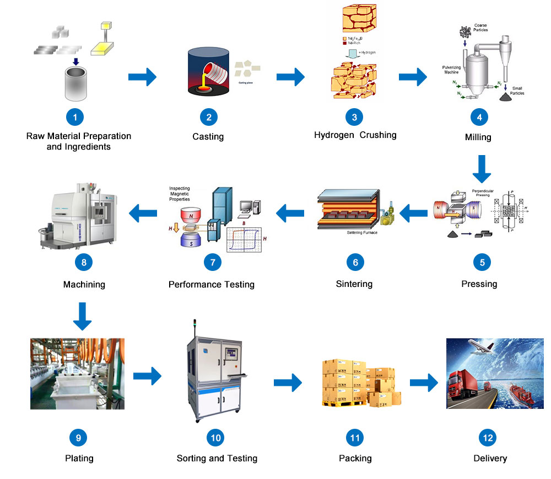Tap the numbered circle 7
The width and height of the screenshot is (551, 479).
point(213,262)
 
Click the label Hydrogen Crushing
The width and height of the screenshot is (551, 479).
point(355,135)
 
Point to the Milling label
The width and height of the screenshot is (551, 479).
point(478,137)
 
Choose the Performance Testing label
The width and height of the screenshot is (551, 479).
point(212,285)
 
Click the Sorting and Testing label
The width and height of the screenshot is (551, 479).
point(217,458)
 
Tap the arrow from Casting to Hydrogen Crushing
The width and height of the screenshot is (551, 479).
point(290,77)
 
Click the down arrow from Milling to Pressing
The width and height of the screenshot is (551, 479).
point(481,169)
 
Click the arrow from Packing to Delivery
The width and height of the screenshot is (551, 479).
point(423,381)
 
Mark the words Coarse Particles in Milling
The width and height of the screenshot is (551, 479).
point(480,28)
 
